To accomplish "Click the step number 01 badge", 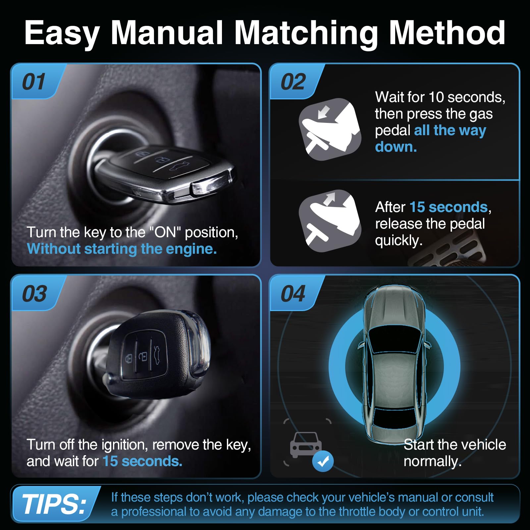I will tap(34, 82).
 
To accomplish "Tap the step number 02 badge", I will tap(293, 82).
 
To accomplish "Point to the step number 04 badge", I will tap(293, 293).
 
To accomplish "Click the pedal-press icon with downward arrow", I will tap(330, 129).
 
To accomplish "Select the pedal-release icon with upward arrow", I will tap(330, 221).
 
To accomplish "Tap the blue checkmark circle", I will tap(323, 461).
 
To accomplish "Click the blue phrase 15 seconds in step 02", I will tap(449, 207).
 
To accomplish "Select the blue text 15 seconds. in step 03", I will tap(142, 461).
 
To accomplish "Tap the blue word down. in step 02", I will tap(396, 147).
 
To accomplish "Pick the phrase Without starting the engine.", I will tap(122, 249).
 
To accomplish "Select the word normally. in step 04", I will tap(432, 461).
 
